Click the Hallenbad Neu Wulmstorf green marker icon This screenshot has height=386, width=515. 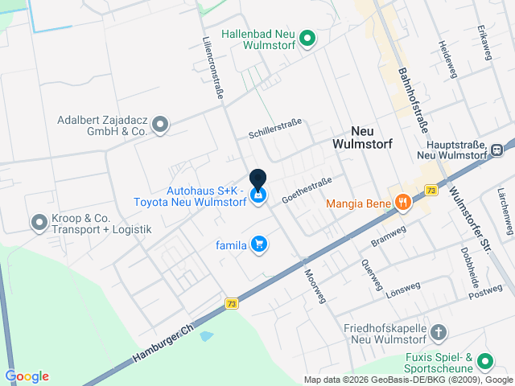click(307, 37)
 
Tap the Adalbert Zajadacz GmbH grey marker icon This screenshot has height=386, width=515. click(160, 124)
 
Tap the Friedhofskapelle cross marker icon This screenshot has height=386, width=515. click(439, 331)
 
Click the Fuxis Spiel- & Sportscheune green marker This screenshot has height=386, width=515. click(484, 361)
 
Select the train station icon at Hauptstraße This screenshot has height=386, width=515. click(498, 148)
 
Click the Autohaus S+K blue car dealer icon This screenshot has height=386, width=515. click(258, 195)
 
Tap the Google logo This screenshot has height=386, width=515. click(27, 376)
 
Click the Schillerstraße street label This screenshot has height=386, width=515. click(275, 127)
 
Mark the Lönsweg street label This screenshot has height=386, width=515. click(403, 289)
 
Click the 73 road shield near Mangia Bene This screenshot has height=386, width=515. click(432, 191)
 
